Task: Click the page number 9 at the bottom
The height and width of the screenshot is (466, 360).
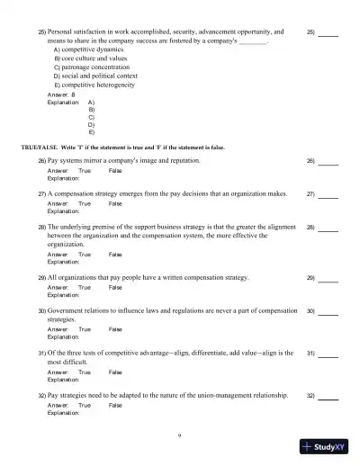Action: [x=180, y=436]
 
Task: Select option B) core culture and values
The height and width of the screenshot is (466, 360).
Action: [x=96, y=58]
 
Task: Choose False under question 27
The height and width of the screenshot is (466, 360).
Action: [x=115, y=204]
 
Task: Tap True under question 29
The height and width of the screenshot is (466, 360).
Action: [x=85, y=288]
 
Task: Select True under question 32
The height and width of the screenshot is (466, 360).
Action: [x=85, y=406]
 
